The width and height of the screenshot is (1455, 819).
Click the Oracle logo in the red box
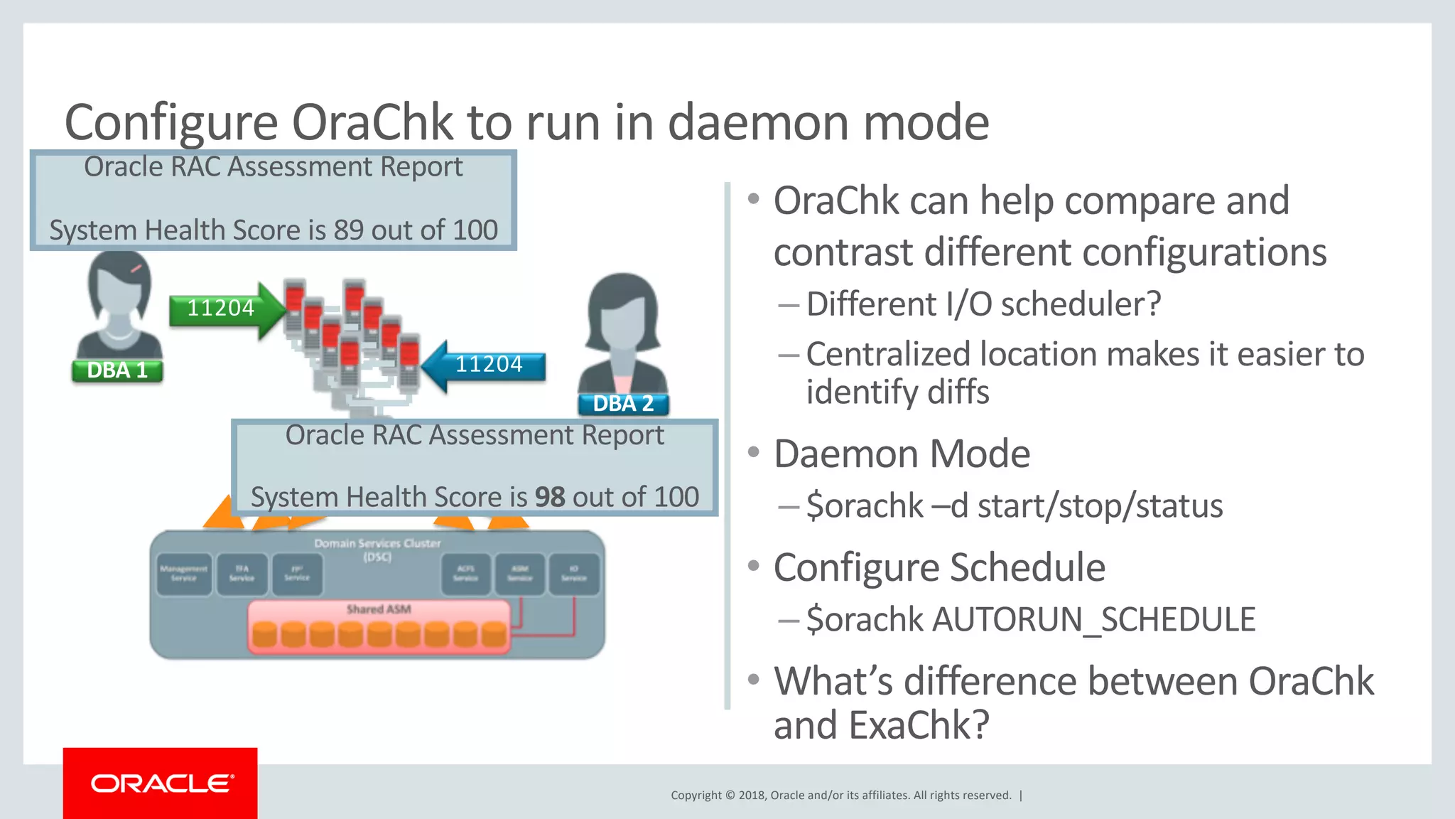click(161, 783)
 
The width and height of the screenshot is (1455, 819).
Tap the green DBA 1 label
click(117, 370)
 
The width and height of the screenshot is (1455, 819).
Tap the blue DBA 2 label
click(623, 404)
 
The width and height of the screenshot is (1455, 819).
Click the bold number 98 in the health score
click(549, 497)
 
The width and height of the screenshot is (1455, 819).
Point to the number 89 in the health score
click(348, 230)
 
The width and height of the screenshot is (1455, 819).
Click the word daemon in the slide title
click(758, 122)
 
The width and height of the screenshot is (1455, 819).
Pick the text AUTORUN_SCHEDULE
click(1094, 619)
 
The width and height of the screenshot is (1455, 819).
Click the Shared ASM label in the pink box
click(379, 609)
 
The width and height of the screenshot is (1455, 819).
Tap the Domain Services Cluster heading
click(377, 544)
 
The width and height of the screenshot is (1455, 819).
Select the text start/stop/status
click(1100, 506)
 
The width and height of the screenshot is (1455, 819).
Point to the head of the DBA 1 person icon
click(119, 283)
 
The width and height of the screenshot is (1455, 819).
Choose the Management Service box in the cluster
click(184, 574)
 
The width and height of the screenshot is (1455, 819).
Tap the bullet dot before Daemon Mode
click(754, 452)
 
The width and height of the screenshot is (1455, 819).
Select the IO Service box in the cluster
click(574, 574)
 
